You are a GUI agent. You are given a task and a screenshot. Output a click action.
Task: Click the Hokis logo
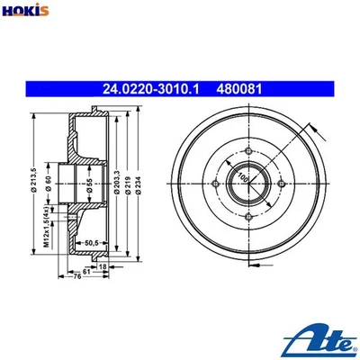(25, 11)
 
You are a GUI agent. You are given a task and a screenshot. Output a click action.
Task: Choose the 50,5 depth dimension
(90, 241)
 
